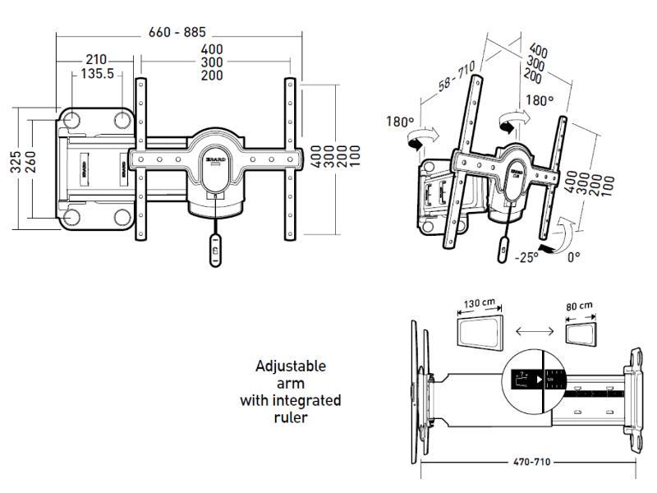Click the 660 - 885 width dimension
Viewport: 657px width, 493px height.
click(177, 33)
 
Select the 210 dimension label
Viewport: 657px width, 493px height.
click(95, 60)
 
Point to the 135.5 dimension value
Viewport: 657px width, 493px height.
click(97, 74)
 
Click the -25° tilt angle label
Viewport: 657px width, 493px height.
click(526, 257)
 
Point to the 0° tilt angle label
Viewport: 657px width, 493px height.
click(573, 256)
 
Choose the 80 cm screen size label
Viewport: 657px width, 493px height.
click(580, 306)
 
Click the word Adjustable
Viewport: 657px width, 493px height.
click(291, 366)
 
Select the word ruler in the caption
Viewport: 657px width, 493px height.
click(291, 417)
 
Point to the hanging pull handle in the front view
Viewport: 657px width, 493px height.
click(215, 246)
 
